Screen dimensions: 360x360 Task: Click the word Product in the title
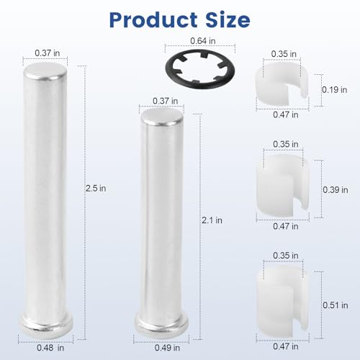click(x=153, y=20)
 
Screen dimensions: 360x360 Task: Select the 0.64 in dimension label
click(x=203, y=41)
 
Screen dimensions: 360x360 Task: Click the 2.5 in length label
click(x=96, y=189)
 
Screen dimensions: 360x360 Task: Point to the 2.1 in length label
click(x=212, y=220)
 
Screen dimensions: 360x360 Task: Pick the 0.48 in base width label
click(x=50, y=348)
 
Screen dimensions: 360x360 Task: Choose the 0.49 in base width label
click(x=167, y=348)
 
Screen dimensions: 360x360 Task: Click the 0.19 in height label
click(x=335, y=90)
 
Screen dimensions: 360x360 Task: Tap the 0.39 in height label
click(x=336, y=190)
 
